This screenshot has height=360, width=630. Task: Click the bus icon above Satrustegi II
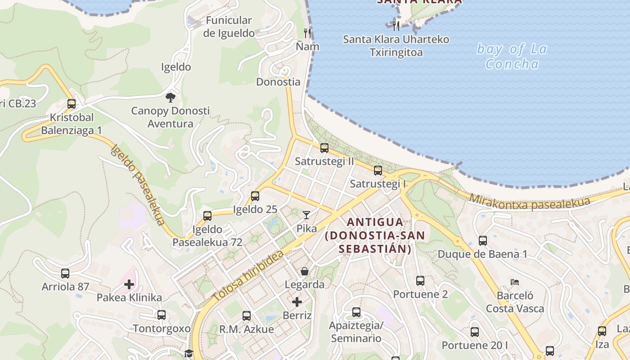pos(324,148)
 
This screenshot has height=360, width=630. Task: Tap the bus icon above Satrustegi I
pos(378,171)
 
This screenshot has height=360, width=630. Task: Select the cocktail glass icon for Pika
pos(306,215)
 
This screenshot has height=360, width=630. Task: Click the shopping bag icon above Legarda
pos(305,271)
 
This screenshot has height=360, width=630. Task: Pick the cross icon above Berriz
pos(297,302)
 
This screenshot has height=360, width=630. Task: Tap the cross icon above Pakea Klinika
pos(129,284)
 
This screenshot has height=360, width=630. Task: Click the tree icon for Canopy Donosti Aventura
pos(170,97)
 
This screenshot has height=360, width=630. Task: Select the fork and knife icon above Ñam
pos(307,33)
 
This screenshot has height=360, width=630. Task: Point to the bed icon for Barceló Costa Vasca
pos(515,282)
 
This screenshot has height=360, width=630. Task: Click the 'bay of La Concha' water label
pos(512,56)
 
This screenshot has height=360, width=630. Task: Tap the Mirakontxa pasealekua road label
pos(529,202)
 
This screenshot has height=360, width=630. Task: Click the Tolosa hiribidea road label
pos(248,276)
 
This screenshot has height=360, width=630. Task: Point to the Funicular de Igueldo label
pos(229,27)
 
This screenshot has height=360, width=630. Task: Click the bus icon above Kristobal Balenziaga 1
pos(71,104)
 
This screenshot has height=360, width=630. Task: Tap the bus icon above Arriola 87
pos(65,273)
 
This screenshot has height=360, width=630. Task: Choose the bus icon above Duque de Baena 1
pos(483,240)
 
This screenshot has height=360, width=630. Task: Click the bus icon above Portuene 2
pos(420,281)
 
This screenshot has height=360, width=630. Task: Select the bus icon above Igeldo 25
pos(255,196)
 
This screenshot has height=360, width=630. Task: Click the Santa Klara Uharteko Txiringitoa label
pos(396,45)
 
